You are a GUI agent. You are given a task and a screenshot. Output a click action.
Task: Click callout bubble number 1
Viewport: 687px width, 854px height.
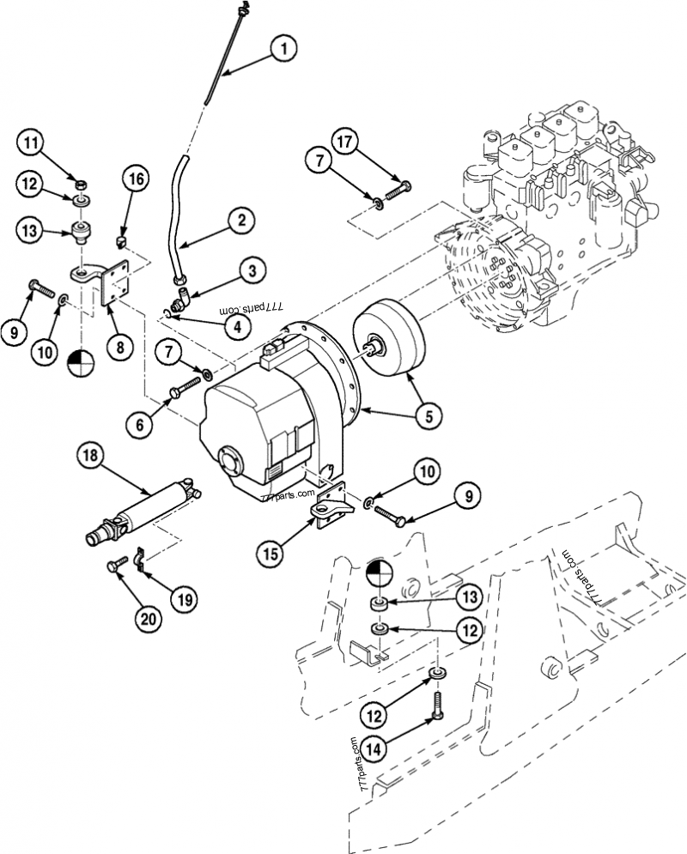point(283,48)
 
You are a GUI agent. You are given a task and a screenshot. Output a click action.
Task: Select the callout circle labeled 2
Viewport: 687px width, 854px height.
point(240,220)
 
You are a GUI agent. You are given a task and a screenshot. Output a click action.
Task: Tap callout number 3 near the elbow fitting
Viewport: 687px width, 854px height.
point(251,270)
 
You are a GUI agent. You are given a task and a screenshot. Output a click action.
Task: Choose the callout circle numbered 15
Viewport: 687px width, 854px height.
point(271,554)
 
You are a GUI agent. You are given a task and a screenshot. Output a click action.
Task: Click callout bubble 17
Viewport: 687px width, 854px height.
point(344,142)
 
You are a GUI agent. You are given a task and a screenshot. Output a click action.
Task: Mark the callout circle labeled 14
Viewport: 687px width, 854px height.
point(374,749)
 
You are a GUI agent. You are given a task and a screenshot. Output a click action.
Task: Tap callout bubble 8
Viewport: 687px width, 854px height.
point(120,347)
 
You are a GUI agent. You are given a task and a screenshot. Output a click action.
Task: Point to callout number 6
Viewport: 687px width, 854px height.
point(139,424)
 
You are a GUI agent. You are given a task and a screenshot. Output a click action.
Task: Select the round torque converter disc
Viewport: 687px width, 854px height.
point(389,337)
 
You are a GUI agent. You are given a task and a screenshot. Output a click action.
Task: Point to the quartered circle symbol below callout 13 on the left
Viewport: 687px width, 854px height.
point(81,361)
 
